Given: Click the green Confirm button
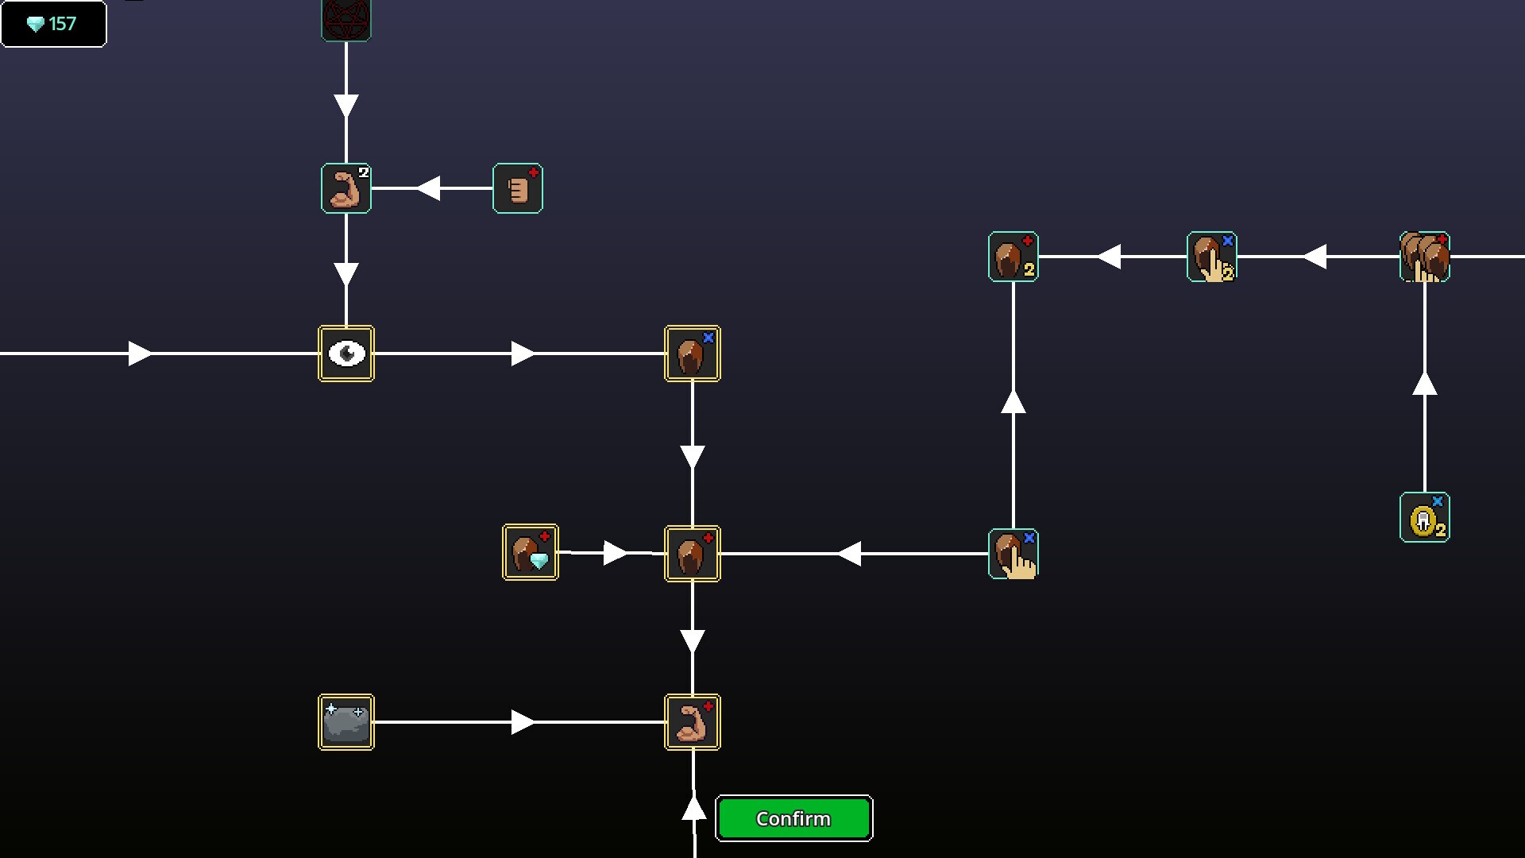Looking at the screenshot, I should click(793, 818).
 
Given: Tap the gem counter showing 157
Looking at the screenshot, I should click(53, 24).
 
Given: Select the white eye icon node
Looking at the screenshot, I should click(346, 354).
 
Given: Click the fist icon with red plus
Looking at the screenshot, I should click(518, 189).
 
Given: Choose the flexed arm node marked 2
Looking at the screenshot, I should click(346, 189).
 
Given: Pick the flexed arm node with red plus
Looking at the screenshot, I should click(693, 722).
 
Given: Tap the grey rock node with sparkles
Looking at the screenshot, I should click(346, 722).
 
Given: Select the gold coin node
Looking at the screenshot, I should click(1424, 518).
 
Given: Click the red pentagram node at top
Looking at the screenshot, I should click(346, 19).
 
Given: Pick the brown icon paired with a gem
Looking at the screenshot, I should click(531, 553).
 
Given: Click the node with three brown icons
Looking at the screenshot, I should click(1424, 257).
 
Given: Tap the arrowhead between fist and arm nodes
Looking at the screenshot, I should click(429, 188).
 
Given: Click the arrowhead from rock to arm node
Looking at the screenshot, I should click(523, 722).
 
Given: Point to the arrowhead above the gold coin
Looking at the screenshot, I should click(1424, 384).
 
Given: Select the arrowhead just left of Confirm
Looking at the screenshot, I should click(694, 809).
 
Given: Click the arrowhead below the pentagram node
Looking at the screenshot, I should click(346, 106).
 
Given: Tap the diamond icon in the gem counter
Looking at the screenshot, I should click(36, 25).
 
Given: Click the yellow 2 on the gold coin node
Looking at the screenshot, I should click(1440, 530).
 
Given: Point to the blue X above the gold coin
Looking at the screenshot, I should click(1437, 501).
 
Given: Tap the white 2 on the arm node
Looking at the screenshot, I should click(363, 172).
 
